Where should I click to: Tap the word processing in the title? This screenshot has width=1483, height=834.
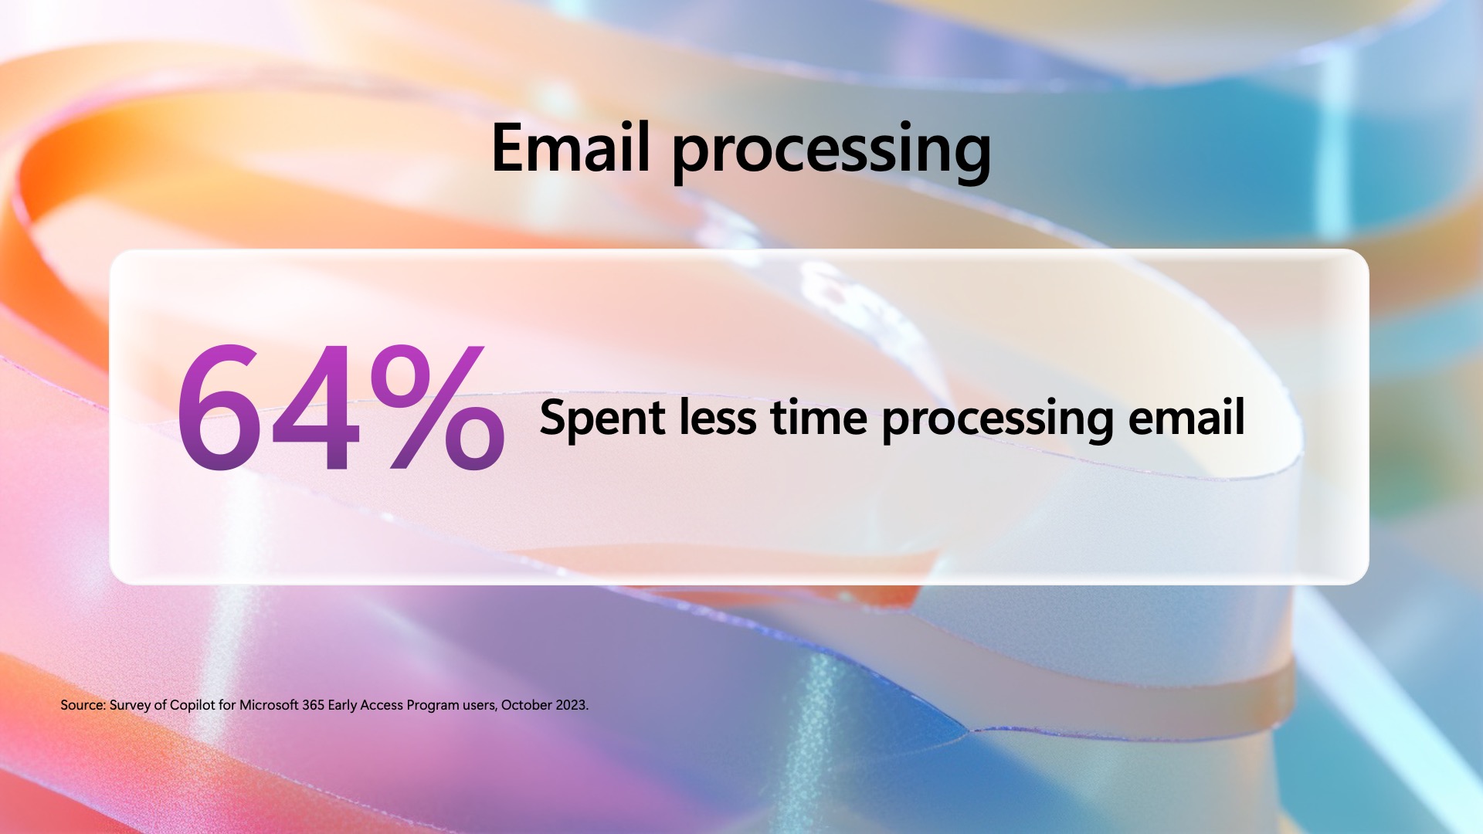point(832,153)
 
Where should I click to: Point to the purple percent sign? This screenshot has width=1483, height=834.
point(437,407)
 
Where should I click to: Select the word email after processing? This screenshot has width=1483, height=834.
point(1186,417)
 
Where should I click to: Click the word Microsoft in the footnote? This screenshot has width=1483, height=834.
point(269,705)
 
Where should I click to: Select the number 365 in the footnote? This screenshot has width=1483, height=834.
point(314,705)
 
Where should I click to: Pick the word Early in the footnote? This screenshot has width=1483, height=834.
point(343,706)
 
